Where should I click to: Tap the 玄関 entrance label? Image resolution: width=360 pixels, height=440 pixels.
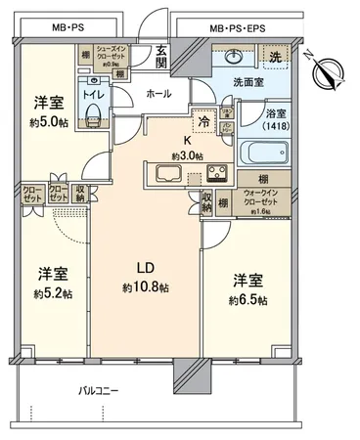[161, 60]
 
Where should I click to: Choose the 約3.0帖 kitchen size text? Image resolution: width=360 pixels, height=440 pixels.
[186, 154]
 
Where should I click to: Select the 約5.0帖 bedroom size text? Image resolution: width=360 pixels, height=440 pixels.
[49, 121]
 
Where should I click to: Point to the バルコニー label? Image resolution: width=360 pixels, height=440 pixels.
[99, 391]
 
